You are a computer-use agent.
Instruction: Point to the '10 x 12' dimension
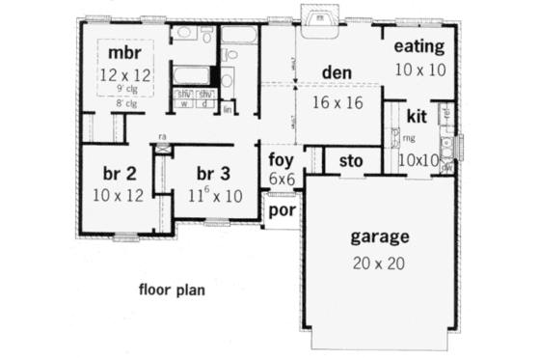pos(119,195)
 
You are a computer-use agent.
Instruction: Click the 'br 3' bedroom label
pos(213,175)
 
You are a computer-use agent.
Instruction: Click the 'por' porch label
pos(282,209)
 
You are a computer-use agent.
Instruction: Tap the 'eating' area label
pos(419,45)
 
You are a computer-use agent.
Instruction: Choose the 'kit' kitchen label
pos(417,118)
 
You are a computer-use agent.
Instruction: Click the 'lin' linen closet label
pos(228,111)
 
